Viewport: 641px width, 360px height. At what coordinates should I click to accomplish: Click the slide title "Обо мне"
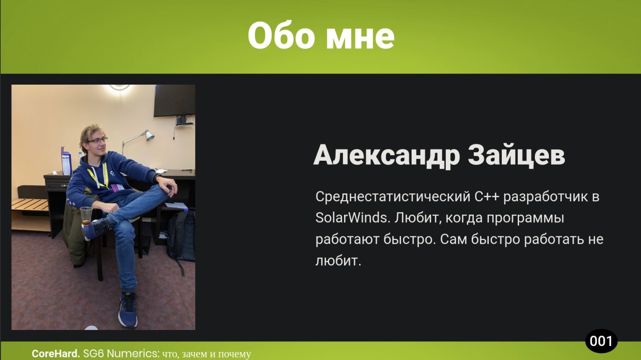coord(321,36)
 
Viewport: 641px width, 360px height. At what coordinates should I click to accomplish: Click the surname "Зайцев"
coord(516,155)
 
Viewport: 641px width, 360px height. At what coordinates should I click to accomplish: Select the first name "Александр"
coord(387,155)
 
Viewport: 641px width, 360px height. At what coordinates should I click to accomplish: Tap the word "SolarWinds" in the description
coord(353,218)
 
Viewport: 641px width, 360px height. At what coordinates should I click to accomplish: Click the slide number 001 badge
coord(601,341)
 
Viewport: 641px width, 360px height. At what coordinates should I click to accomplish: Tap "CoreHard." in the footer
coord(56,353)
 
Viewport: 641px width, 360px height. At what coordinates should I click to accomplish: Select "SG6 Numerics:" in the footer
coord(121,353)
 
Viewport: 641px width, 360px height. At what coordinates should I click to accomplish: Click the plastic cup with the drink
coord(86,216)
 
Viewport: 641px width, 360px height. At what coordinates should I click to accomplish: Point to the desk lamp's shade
coord(149,136)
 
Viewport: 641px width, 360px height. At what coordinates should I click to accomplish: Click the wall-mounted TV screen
coord(175,101)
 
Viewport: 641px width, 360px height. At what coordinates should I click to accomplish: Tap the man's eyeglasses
coord(97,141)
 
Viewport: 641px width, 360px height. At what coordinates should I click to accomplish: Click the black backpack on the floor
coord(181,237)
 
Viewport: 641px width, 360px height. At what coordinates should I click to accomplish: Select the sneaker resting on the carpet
coord(128,309)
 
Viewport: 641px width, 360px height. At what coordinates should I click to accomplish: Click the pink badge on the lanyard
coord(117,187)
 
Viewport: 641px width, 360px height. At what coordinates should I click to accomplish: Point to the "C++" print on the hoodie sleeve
coord(71,202)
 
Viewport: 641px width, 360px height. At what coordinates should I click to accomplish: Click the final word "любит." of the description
coord(338,261)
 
